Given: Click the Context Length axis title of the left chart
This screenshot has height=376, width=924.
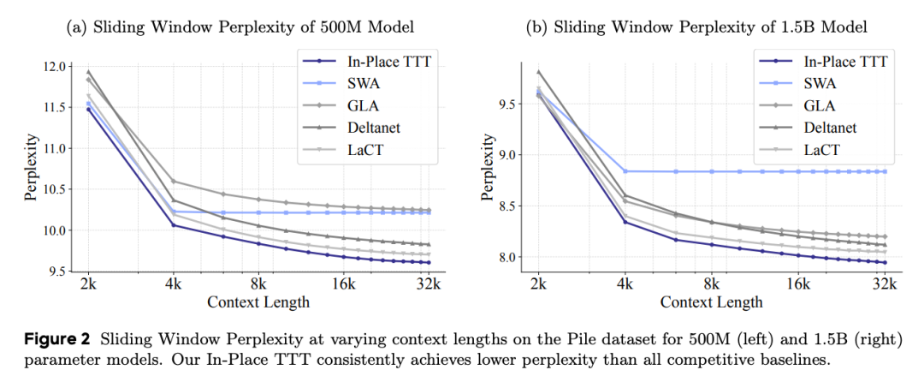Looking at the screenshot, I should pos(258,302).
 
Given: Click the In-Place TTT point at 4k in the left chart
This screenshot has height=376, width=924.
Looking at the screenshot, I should pos(174,225).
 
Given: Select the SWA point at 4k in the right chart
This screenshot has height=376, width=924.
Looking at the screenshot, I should pos(625,171).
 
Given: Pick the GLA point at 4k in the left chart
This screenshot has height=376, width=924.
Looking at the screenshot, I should pos(174,181).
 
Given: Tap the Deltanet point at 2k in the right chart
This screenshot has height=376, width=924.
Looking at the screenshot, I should pos(538,72).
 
